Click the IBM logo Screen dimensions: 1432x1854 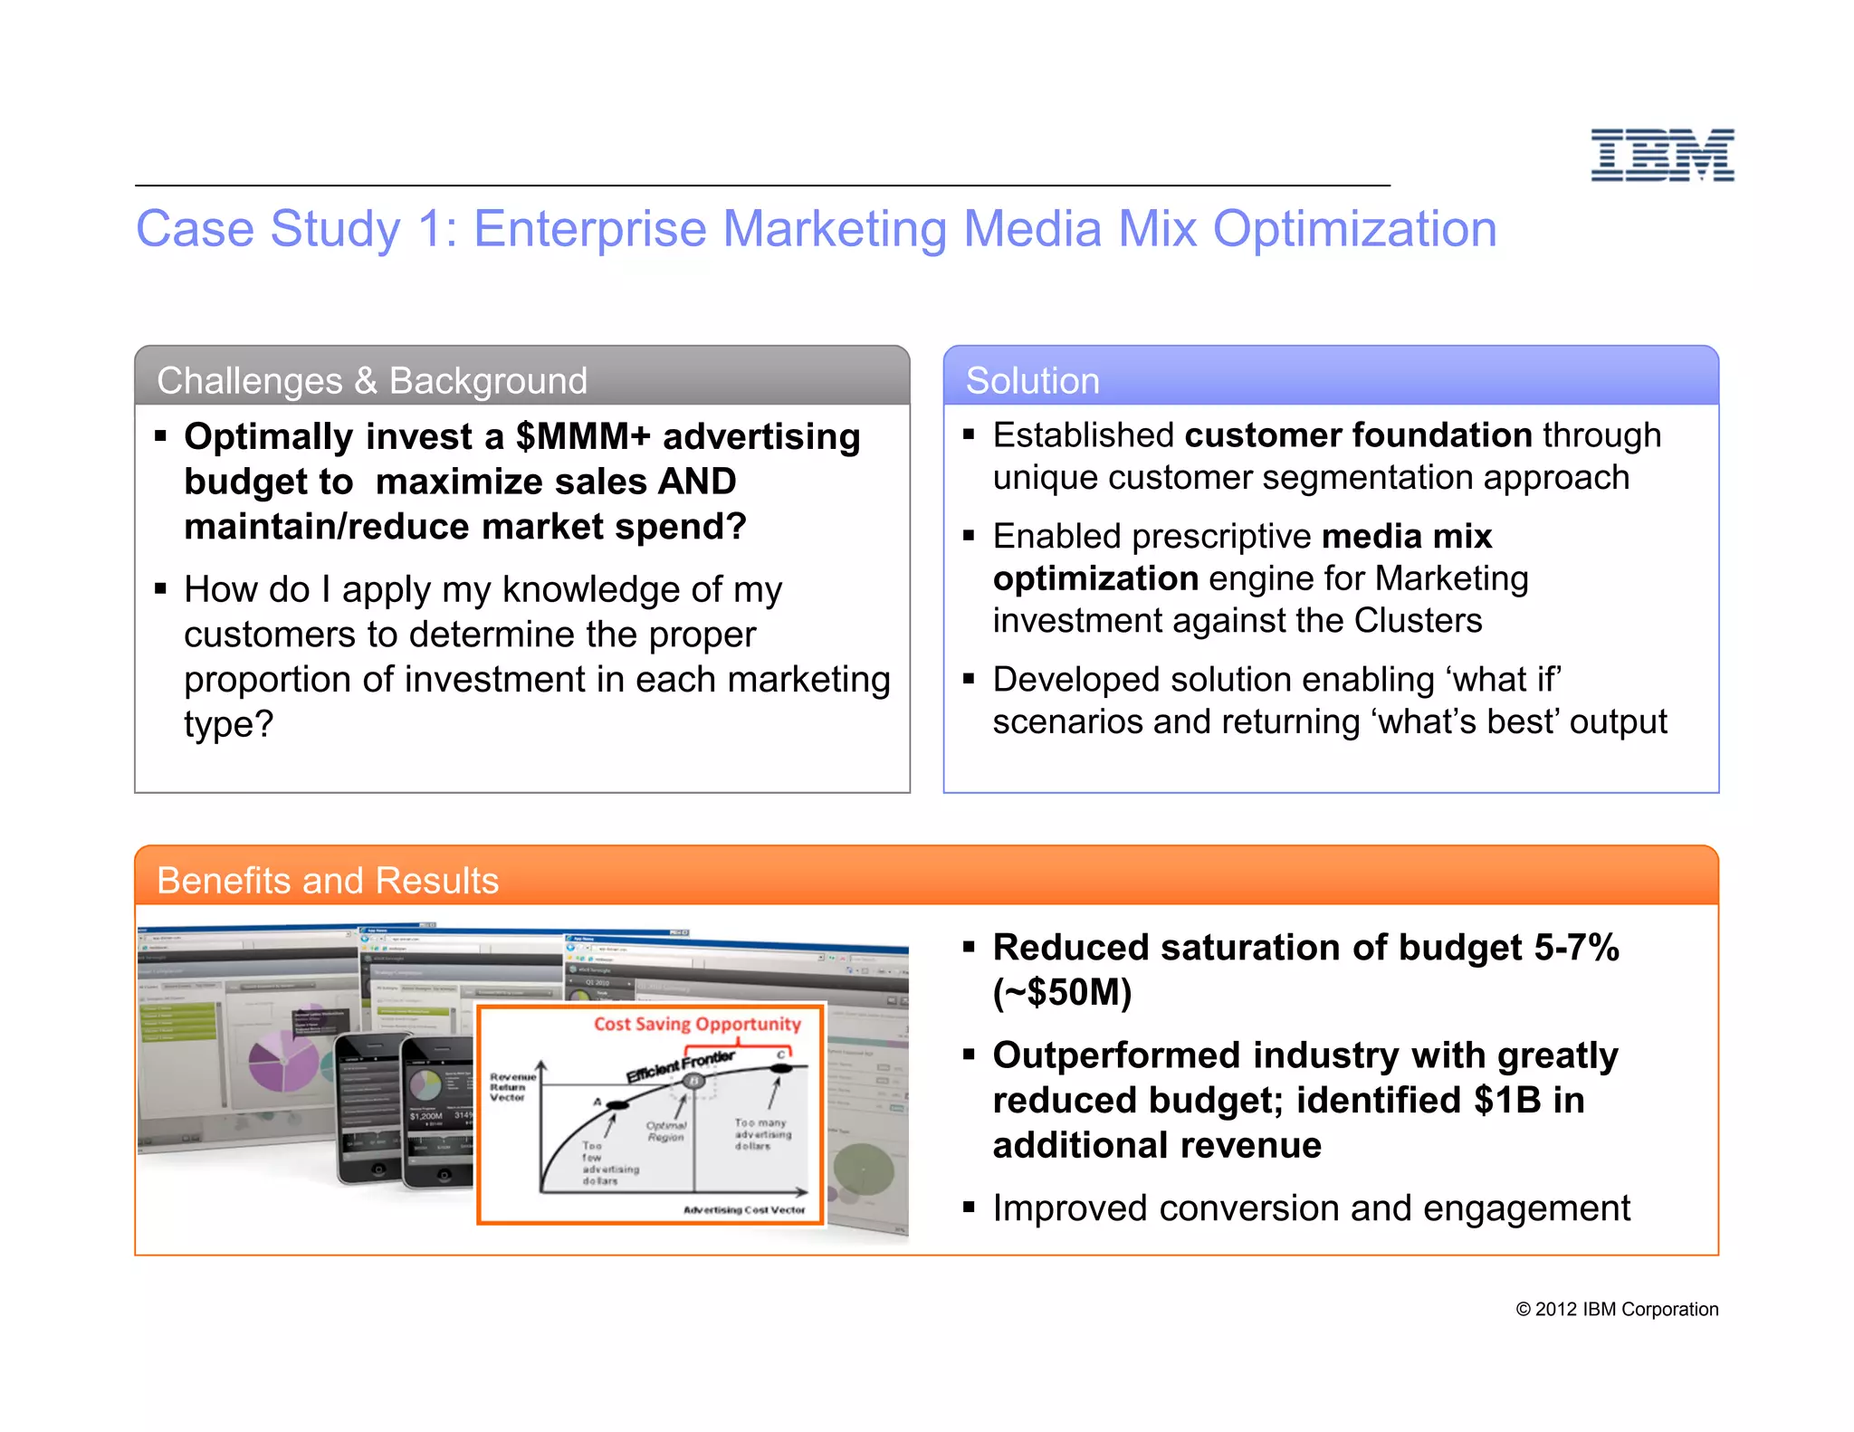click(x=1662, y=155)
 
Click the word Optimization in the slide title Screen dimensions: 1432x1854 click(x=1354, y=229)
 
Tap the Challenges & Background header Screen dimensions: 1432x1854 click(x=372, y=380)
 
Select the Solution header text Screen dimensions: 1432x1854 click(x=1032, y=380)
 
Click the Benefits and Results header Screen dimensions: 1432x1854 click(x=328, y=880)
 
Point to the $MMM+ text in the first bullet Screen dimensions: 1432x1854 click(x=583, y=436)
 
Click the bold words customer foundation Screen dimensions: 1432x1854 click(x=1358, y=435)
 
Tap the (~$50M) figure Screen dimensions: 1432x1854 click(x=1062, y=992)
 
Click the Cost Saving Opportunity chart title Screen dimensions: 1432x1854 click(x=697, y=1024)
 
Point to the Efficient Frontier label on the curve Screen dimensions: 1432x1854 click(x=681, y=1065)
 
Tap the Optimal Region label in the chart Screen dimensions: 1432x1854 click(x=666, y=1131)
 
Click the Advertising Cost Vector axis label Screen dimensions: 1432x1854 click(x=743, y=1209)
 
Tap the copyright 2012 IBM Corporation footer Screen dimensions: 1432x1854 click(x=1617, y=1309)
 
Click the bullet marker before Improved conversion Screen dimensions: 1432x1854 click(x=969, y=1207)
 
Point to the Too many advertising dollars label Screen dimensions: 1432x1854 click(x=762, y=1133)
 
